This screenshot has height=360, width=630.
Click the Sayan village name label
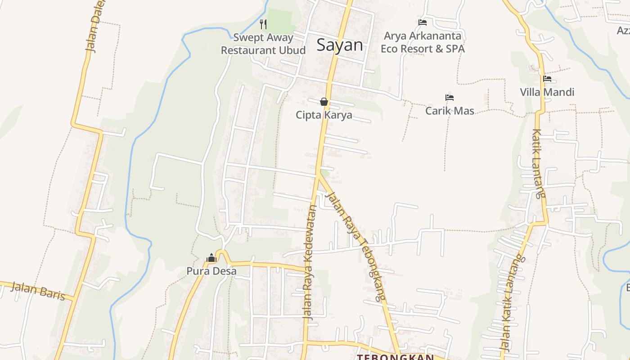click(x=340, y=45)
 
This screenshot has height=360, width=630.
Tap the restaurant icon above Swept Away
click(x=263, y=24)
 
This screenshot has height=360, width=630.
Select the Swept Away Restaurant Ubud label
click(x=263, y=44)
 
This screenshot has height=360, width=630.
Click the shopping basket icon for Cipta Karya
click(x=324, y=102)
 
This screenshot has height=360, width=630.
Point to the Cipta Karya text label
click(x=324, y=115)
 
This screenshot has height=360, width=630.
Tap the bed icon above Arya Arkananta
click(x=422, y=22)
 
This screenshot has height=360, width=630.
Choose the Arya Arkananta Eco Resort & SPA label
click(x=423, y=42)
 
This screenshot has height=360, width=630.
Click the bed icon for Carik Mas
click(x=449, y=97)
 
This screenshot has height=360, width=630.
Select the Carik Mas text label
click(x=450, y=111)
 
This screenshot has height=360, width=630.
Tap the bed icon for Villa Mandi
click(x=547, y=79)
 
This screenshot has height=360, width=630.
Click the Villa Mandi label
click(x=547, y=92)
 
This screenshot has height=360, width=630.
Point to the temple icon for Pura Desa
click(x=211, y=258)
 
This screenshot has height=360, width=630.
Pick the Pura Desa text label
click(x=211, y=271)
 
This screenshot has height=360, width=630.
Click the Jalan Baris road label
click(x=38, y=291)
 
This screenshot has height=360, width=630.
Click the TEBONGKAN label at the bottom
click(x=396, y=357)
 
